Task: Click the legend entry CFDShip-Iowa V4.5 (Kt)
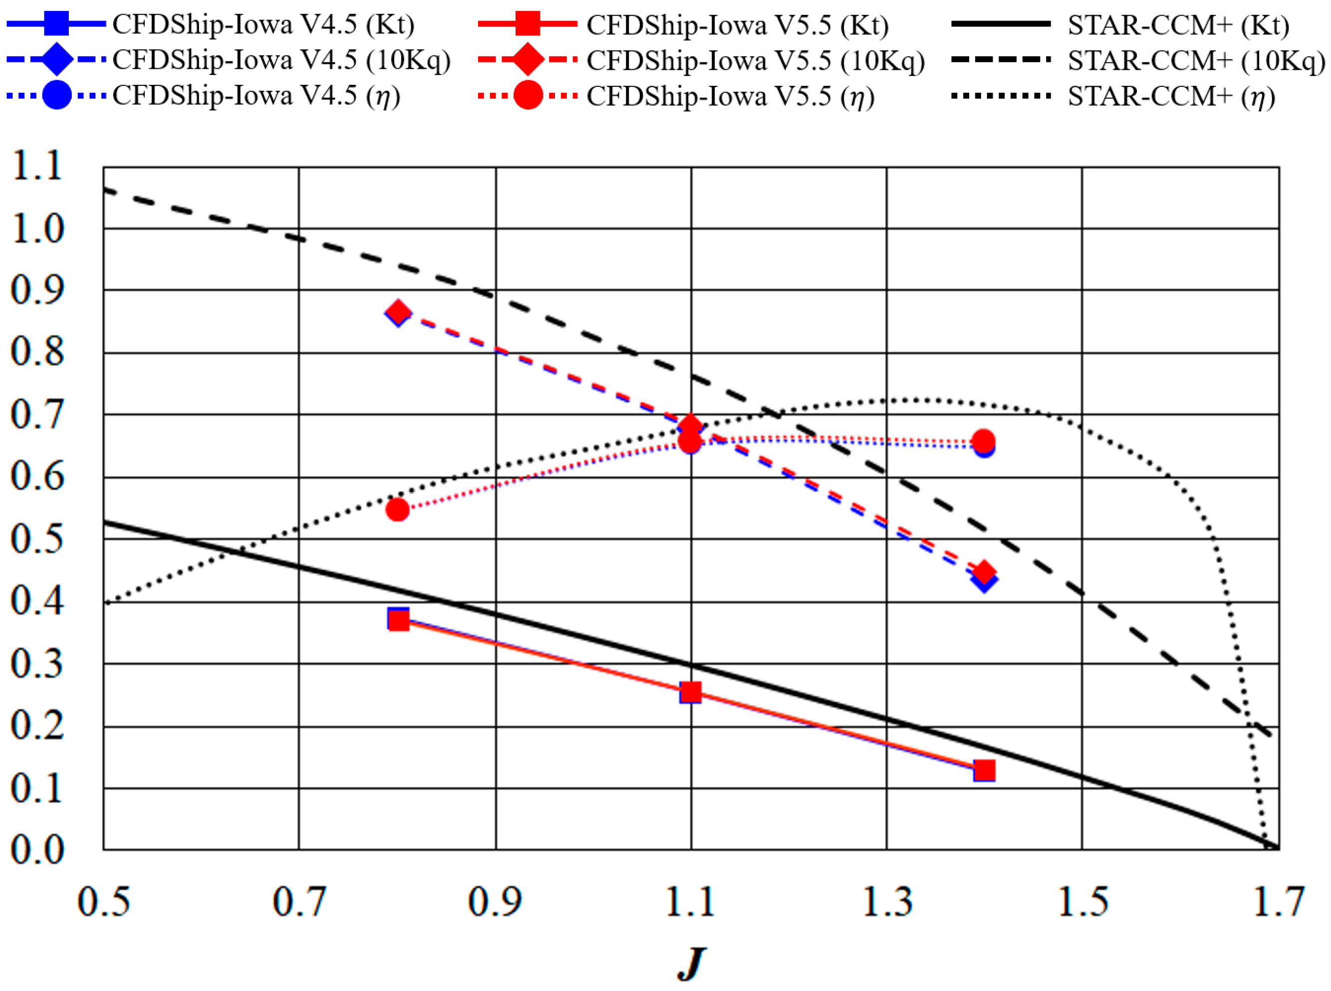[x=263, y=24]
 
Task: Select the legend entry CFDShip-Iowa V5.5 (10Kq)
[x=755, y=60]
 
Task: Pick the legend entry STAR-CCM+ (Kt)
[x=1177, y=24]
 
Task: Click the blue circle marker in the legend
[x=57, y=95]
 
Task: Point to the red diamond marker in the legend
[x=528, y=60]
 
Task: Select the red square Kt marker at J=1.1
[x=690, y=692]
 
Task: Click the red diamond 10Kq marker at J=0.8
[x=398, y=312]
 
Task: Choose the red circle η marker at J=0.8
[x=397, y=509]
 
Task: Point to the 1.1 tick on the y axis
[x=37, y=166]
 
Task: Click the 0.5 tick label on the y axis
[x=37, y=539]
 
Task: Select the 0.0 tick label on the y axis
[x=37, y=849]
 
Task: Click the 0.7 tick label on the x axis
[x=299, y=902]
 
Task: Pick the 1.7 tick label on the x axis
[x=1278, y=902]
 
